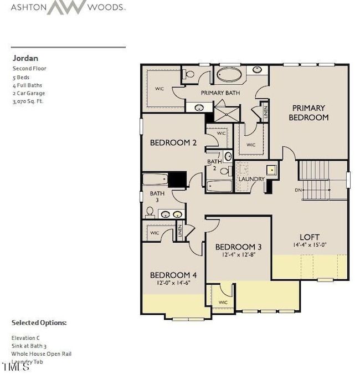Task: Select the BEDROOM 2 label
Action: (x=173, y=143)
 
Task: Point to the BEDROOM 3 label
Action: (x=238, y=247)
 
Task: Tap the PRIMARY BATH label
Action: (x=220, y=93)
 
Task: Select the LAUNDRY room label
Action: (x=251, y=180)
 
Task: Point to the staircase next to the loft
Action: (x=314, y=180)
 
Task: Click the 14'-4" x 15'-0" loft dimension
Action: (x=311, y=245)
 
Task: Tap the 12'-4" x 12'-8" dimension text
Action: (x=238, y=255)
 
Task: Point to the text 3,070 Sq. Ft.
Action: (x=28, y=102)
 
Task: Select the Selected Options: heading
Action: (x=39, y=322)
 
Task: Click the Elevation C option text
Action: (x=25, y=337)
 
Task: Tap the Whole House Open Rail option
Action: (x=42, y=354)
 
